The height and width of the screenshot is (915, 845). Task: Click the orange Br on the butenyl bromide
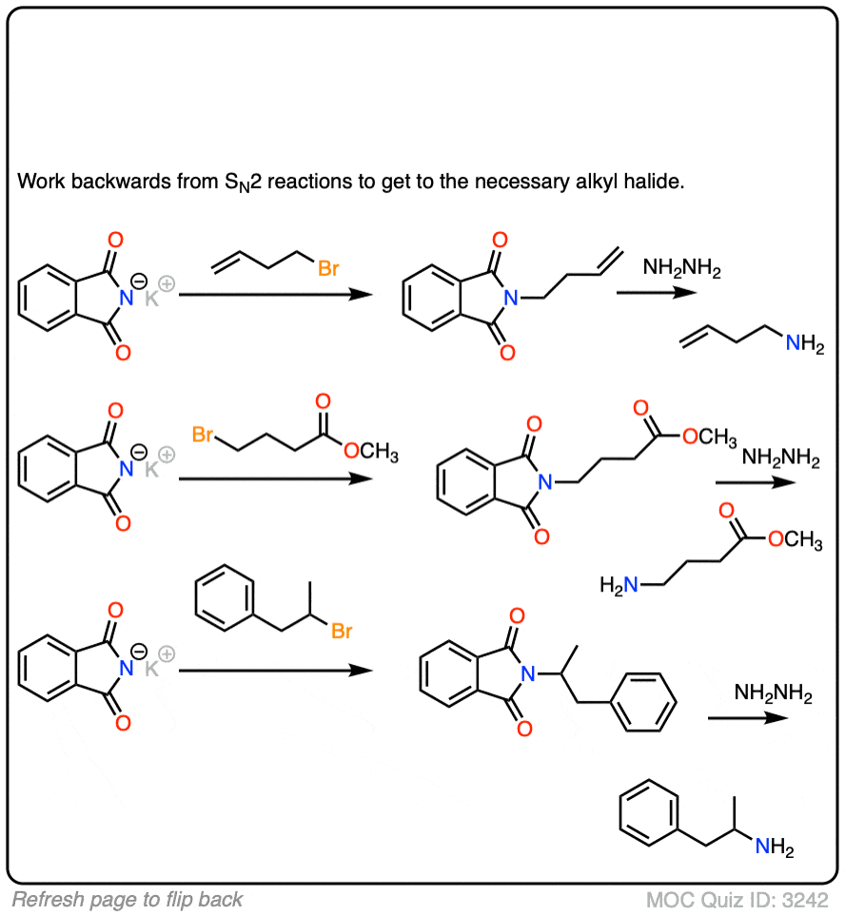click(328, 268)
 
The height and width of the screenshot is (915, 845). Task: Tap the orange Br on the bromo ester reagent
click(203, 434)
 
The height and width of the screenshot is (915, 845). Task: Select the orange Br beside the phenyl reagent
click(342, 631)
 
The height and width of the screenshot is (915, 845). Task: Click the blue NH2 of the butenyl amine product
click(805, 343)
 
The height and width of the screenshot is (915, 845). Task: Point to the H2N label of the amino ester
click(619, 585)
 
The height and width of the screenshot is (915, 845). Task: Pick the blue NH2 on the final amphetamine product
click(775, 847)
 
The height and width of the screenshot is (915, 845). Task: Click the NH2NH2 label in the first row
click(681, 268)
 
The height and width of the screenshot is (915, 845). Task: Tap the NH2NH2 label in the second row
click(780, 457)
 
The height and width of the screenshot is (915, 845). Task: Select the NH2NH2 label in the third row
click(774, 693)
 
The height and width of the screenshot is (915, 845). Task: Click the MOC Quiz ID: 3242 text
click(737, 899)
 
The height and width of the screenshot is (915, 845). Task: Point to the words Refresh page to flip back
click(128, 899)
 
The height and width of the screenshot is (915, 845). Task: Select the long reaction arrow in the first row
click(276, 295)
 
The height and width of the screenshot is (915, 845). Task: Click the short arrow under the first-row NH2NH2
click(657, 292)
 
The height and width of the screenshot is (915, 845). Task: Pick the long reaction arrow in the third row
click(276, 671)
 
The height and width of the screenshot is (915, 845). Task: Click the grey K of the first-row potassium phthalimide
click(151, 299)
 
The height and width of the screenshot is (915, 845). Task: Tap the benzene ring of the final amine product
click(649, 813)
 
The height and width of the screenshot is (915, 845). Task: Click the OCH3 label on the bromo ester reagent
click(371, 451)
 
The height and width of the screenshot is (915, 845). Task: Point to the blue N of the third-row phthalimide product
click(528, 674)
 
